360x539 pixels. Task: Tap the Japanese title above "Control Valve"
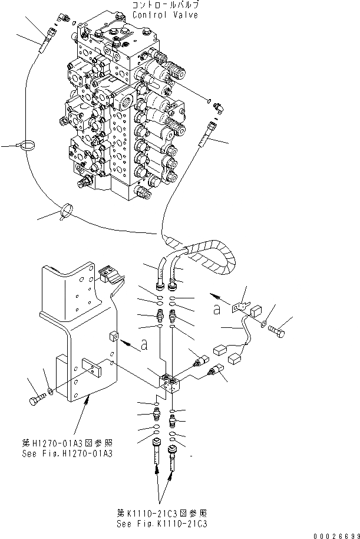pyautogui.click(x=157, y=6)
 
